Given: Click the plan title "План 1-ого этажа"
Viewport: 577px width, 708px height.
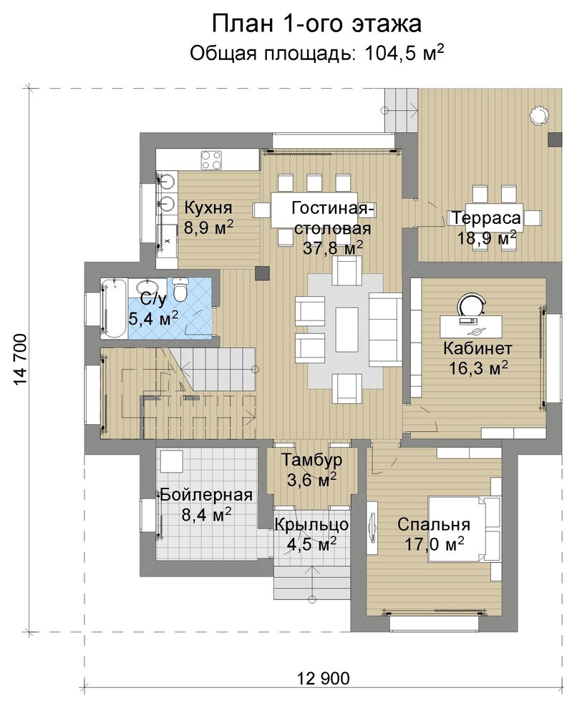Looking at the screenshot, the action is [316, 24].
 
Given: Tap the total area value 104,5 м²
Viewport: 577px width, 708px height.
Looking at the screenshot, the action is [404, 53].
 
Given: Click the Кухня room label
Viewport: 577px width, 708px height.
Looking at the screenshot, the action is [208, 207].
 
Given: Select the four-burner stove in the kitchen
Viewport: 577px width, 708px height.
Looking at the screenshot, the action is [211, 160].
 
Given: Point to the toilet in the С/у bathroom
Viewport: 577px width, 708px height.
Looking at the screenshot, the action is [180, 290].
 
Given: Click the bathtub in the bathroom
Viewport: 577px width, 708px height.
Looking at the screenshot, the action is [114, 308].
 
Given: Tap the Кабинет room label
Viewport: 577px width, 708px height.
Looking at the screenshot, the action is [477, 348].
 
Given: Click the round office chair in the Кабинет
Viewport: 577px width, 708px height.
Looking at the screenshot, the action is [472, 304].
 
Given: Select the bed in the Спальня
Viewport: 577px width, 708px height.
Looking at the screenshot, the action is [464, 528].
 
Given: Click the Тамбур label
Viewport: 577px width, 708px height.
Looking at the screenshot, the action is [312, 460].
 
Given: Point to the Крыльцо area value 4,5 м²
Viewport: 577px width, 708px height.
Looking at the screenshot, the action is [312, 544].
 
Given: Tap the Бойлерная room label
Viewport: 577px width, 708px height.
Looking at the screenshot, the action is [206, 495].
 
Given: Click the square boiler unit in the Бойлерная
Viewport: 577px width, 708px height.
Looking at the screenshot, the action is [172, 461].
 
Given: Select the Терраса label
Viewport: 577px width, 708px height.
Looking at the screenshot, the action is [486, 218].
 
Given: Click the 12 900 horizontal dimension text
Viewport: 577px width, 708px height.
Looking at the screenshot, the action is [324, 678].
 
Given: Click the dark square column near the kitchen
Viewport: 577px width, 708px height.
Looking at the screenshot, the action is [262, 272].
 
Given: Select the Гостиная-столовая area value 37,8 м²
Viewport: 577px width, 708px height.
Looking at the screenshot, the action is [333, 247].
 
